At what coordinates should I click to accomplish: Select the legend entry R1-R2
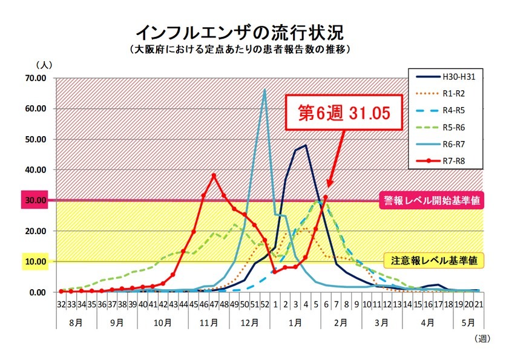pyautogui.click(x=445, y=94)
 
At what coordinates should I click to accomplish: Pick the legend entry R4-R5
pyautogui.click(x=445, y=111)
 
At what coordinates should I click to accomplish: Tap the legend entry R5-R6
pyautogui.click(x=445, y=128)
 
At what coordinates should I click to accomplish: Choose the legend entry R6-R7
pyautogui.click(x=445, y=145)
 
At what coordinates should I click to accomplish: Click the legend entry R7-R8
pyautogui.click(x=445, y=162)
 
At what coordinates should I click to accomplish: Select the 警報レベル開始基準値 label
pyautogui.click(x=432, y=200)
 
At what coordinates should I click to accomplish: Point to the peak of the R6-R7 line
pyautogui.click(x=264, y=90)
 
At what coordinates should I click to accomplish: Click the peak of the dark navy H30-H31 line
pyautogui.click(x=306, y=145)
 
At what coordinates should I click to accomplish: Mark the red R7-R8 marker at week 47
pyautogui.click(x=214, y=175)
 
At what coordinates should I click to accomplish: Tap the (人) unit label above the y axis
pyautogui.click(x=45, y=64)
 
